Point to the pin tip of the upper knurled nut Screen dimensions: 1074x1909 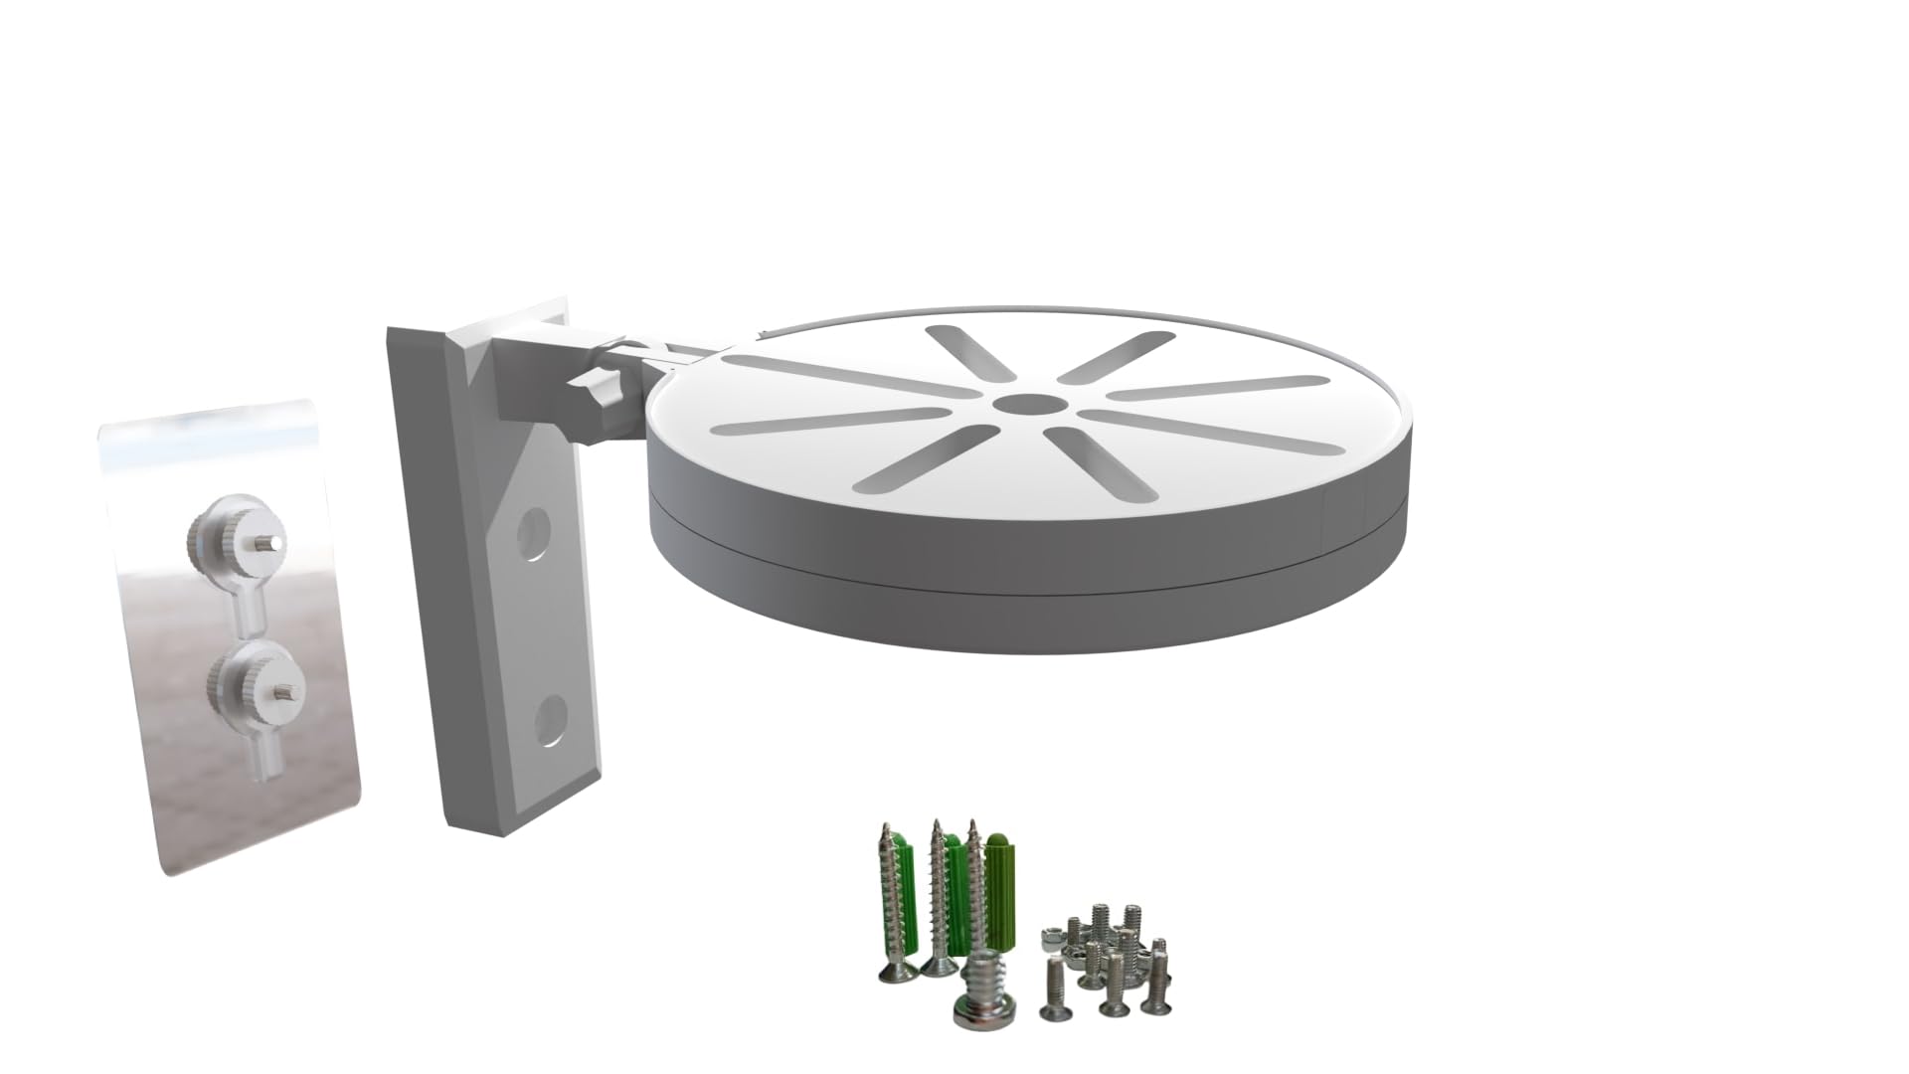coord(271,540)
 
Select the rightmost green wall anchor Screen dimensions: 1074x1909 coord(1001,875)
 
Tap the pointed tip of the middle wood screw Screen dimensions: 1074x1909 coord(936,825)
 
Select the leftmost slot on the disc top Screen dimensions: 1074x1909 coord(830,422)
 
